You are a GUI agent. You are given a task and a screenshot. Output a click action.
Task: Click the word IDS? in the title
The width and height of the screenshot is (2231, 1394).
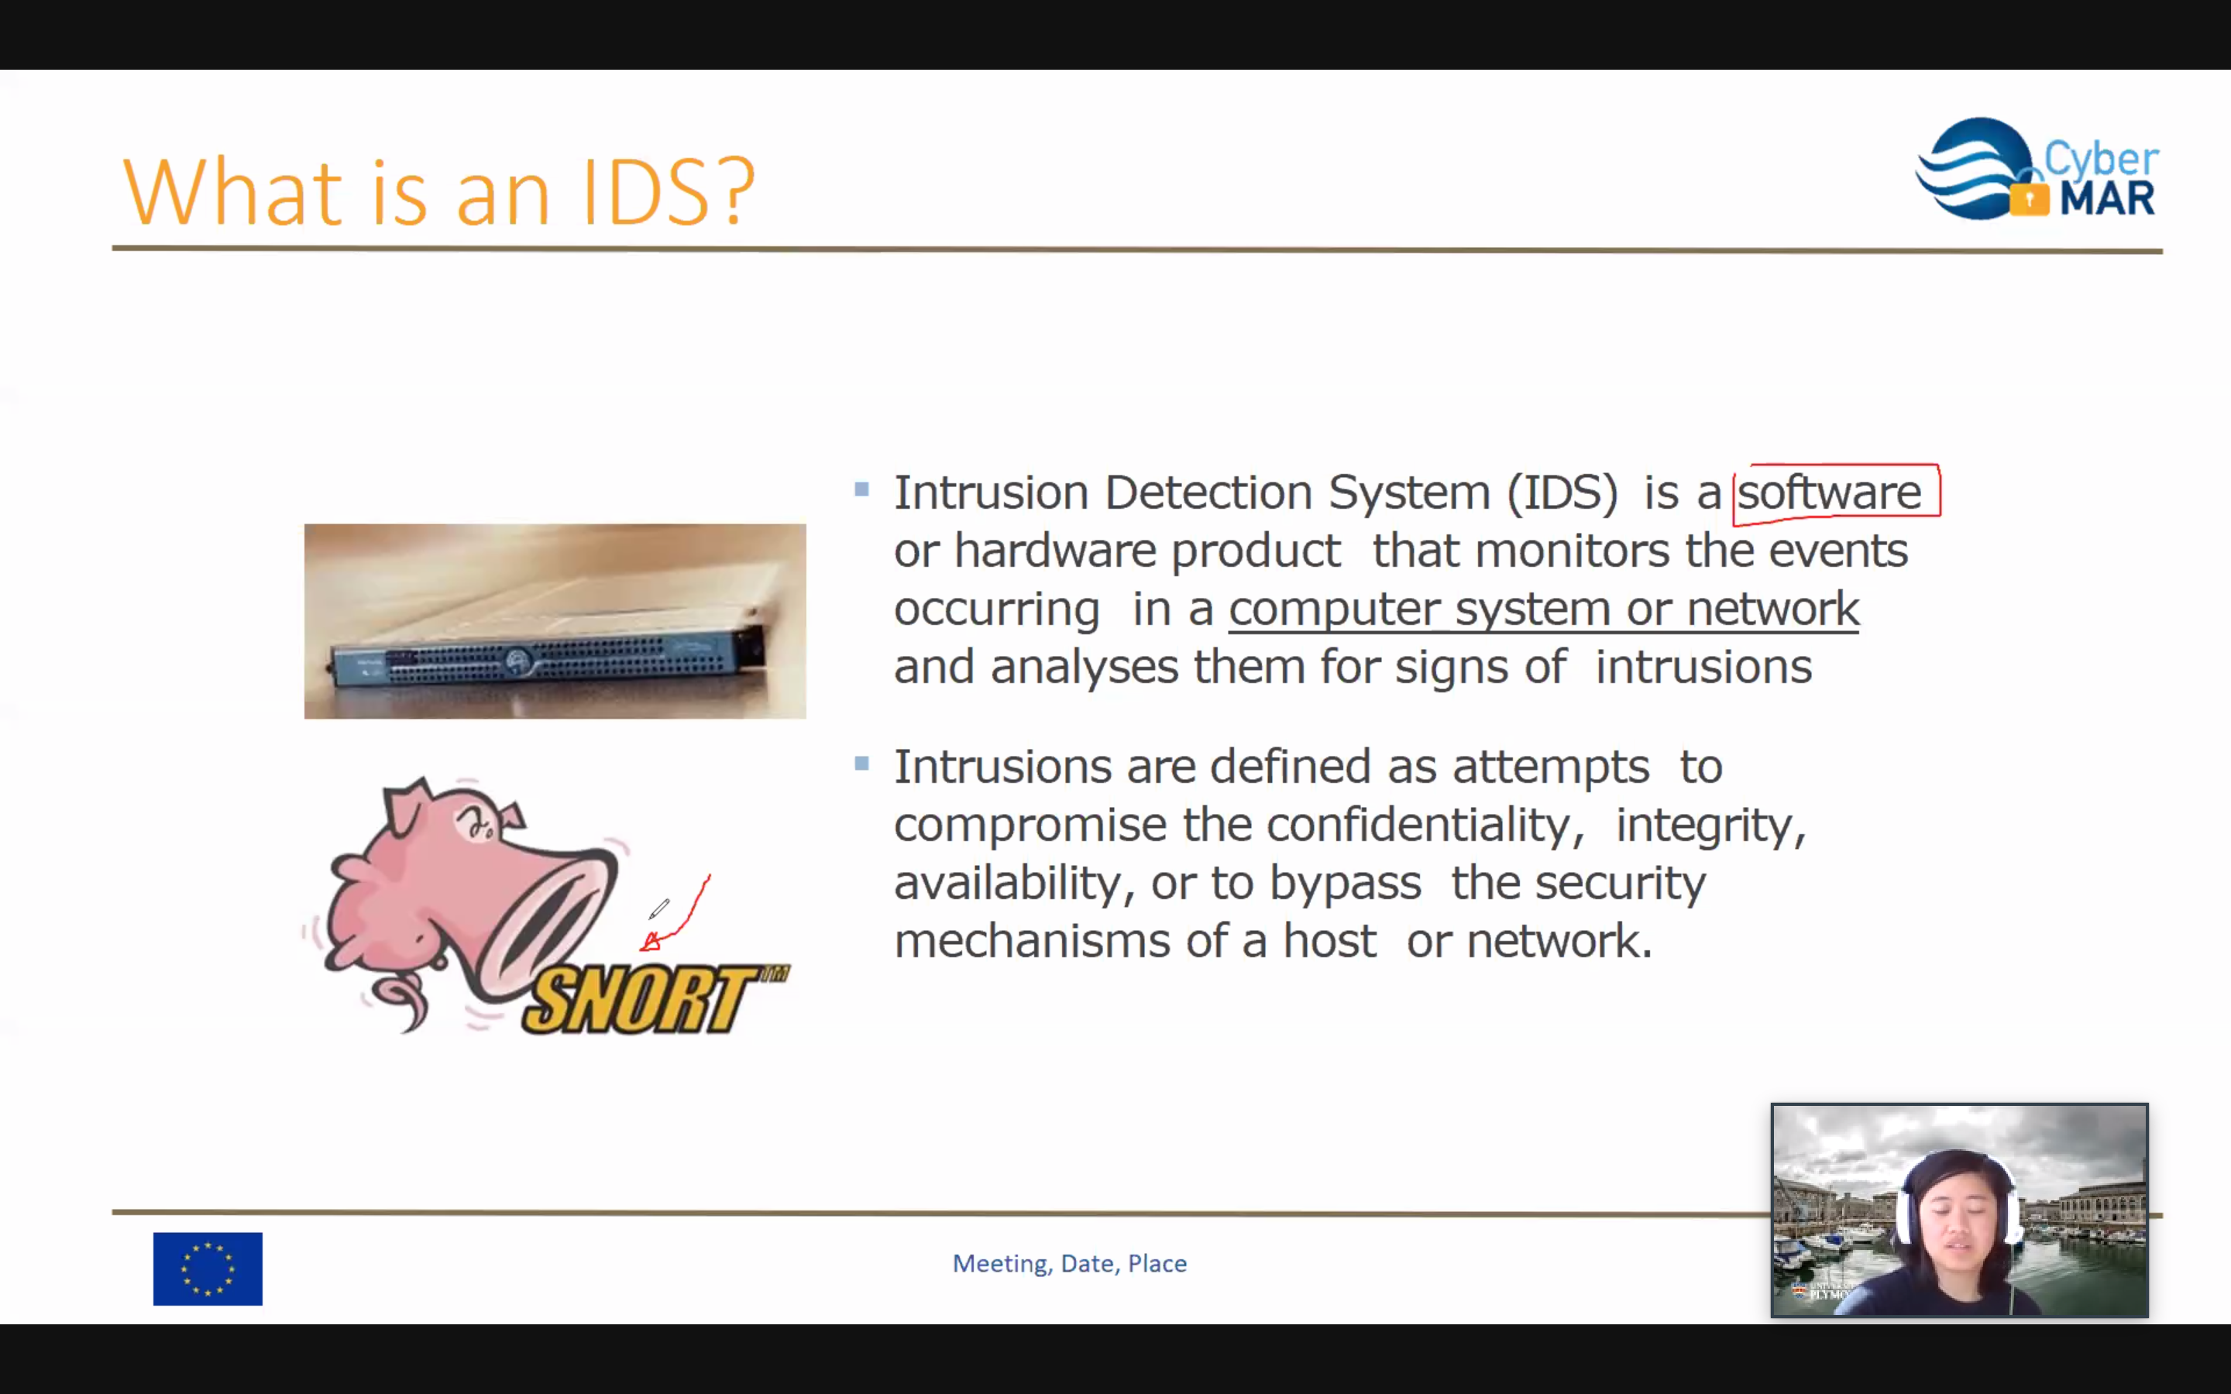pyautogui.click(x=669, y=192)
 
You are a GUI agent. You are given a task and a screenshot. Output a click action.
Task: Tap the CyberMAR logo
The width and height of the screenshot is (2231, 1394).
pyautogui.click(x=2037, y=169)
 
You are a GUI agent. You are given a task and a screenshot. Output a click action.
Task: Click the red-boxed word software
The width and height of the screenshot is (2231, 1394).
pyautogui.click(x=1829, y=493)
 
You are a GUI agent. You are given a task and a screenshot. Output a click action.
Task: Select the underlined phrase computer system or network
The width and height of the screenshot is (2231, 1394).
pyautogui.click(x=1544, y=609)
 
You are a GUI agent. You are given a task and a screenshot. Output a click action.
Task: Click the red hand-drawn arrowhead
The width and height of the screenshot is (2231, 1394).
pyautogui.click(x=651, y=941)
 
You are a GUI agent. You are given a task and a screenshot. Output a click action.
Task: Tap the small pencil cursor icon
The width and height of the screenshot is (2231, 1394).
pyautogui.click(x=658, y=909)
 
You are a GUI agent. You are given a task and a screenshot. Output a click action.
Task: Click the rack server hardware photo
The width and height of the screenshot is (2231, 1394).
pyautogui.click(x=555, y=621)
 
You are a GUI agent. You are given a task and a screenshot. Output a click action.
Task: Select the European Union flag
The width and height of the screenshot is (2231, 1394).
pyautogui.click(x=208, y=1269)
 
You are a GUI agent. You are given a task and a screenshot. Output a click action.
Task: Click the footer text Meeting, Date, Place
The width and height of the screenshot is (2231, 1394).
pyautogui.click(x=1069, y=1263)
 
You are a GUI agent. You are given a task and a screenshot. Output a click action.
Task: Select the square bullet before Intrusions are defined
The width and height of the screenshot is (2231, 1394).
pyautogui.click(x=862, y=764)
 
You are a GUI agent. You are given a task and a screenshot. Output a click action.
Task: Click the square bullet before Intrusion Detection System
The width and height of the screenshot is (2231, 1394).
pyautogui.click(x=862, y=489)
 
